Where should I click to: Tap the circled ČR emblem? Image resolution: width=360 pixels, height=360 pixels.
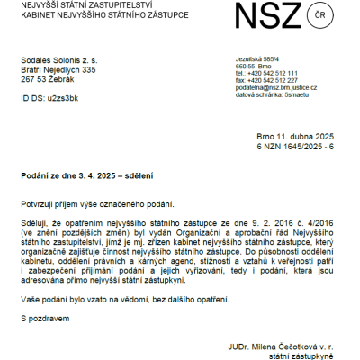tap(322, 18)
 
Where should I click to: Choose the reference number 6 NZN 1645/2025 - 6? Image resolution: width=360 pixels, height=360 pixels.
tap(295, 146)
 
